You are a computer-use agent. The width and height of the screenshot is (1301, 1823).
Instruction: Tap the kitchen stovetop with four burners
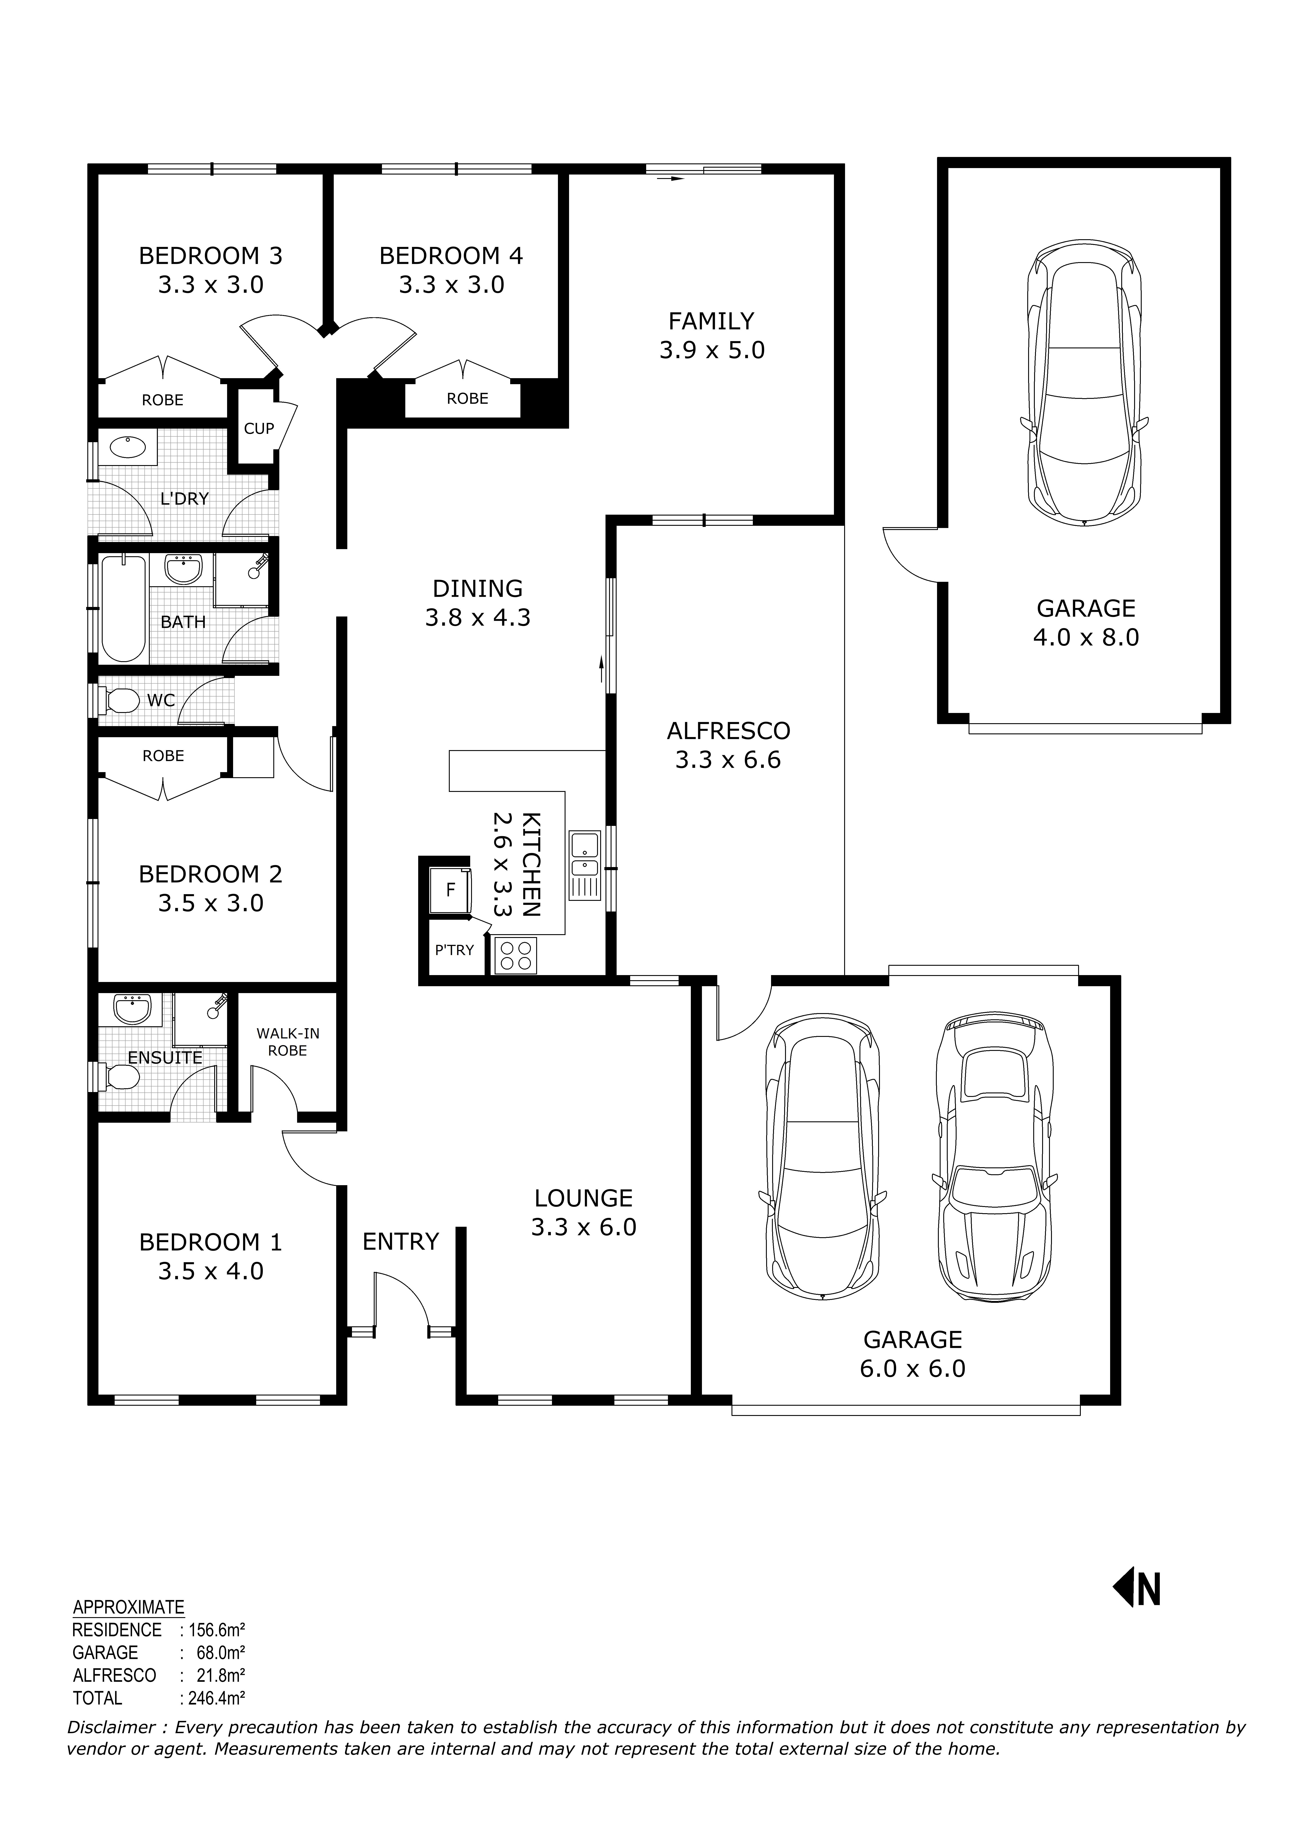(x=515, y=955)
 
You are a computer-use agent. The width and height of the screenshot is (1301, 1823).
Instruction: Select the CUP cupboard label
(x=259, y=429)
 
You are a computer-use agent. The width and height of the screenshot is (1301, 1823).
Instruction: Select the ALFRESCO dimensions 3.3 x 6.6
(x=727, y=760)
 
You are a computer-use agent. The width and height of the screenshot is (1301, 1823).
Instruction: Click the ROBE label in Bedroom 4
(x=467, y=398)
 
